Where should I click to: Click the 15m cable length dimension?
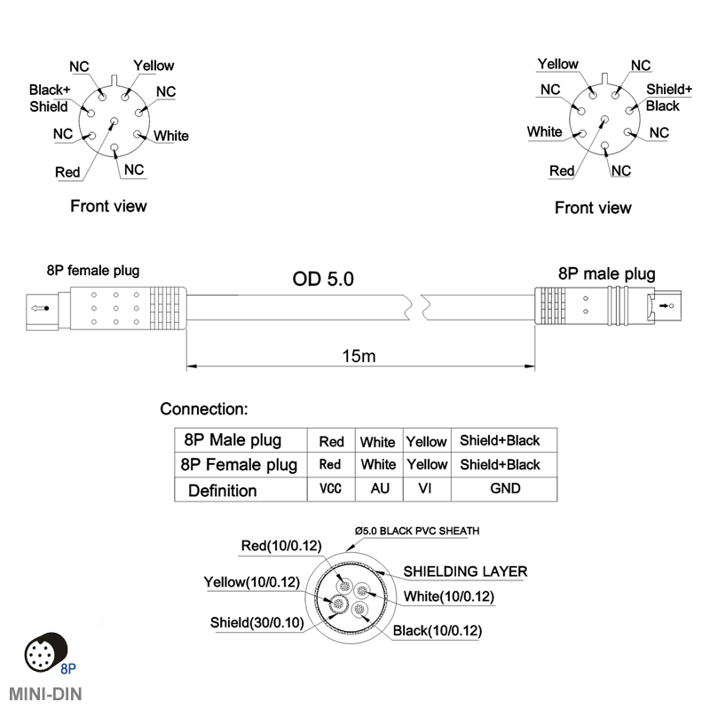[x=359, y=357]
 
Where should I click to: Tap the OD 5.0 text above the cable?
[x=323, y=279]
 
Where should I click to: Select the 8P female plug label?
[x=93, y=271]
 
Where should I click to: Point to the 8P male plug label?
[x=607, y=274]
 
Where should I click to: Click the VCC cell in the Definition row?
[x=330, y=489]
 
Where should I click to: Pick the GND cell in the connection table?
[x=505, y=489]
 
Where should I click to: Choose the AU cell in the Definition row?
[x=380, y=489]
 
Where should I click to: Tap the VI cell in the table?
[x=425, y=489]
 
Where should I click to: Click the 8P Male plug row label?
[x=233, y=440]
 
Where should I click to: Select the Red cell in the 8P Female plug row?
[x=330, y=464]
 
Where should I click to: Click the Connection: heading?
[x=204, y=409]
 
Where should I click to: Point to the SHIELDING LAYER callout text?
[x=465, y=572]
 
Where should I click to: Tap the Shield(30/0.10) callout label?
[x=257, y=623]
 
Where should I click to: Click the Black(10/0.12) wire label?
[x=438, y=631]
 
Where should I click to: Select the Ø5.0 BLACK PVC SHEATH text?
[x=417, y=531]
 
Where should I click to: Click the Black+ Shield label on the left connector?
[x=50, y=99]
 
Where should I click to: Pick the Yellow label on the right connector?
[x=558, y=64]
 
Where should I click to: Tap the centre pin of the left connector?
[x=114, y=121]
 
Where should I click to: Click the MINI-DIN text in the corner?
[x=45, y=694]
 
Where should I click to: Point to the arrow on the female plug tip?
[x=40, y=308]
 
